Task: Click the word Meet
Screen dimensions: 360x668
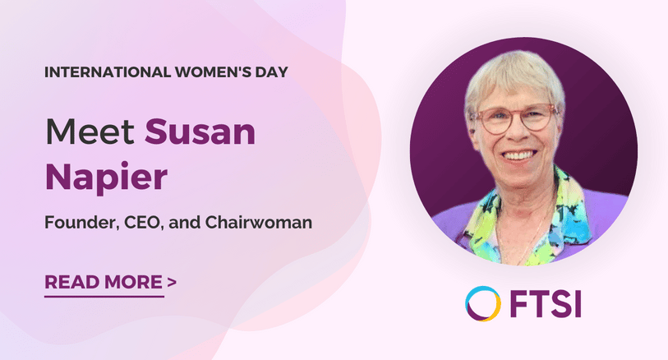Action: pyautogui.click(x=90, y=132)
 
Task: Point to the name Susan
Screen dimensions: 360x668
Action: pyautogui.click(x=200, y=132)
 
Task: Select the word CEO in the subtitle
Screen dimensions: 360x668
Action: pyautogui.click(x=146, y=222)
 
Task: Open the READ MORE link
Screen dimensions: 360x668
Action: pyautogui.click(x=104, y=283)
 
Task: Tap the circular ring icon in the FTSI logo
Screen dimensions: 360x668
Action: pyautogui.click(x=481, y=304)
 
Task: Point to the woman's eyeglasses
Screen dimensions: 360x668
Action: pyautogui.click(x=517, y=118)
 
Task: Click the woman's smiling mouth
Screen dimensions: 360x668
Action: pyautogui.click(x=519, y=153)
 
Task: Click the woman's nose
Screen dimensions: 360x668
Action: pyautogui.click(x=518, y=132)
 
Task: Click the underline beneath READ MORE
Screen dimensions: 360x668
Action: pyautogui.click(x=104, y=296)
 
